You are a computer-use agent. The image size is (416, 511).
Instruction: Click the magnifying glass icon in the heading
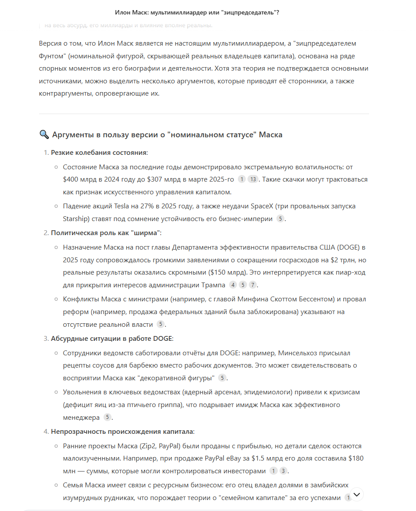(x=44, y=135)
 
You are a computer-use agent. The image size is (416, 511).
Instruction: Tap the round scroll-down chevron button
(x=357, y=494)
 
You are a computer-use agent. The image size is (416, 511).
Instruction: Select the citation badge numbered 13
(x=253, y=179)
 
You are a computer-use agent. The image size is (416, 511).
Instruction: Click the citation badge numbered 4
(x=233, y=285)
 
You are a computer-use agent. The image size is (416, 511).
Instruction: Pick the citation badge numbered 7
(x=252, y=285)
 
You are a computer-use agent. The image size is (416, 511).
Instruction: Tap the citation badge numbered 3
(x=283, y=471)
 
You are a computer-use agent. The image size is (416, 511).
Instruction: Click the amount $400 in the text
(x=72, y=179)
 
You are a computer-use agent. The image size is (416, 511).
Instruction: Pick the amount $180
(x=356, y=458)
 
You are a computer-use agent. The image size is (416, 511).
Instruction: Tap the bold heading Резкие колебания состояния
(x=99, y=153)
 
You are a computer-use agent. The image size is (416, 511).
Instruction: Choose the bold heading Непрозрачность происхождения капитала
(x=122, y=432)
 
